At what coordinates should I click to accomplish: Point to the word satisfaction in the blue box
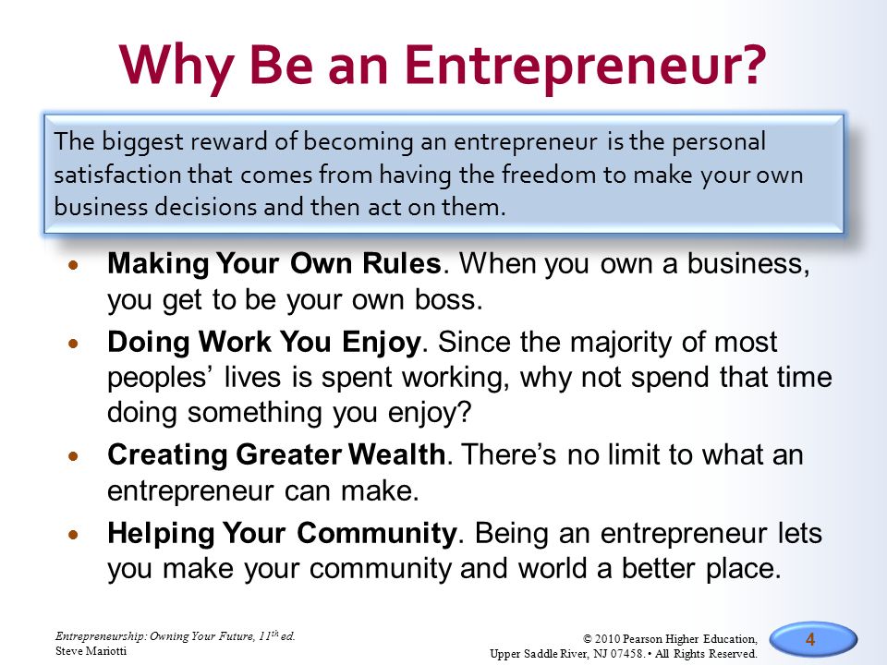click(x=117, y=175)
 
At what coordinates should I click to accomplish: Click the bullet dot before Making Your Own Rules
click(x=73, y=264)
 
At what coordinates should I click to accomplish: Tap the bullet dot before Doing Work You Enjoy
click(x=73, y=343)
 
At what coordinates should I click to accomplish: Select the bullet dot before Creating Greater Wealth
click(x=73, y=455)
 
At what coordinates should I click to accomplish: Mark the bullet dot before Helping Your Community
click(x=73, y=534)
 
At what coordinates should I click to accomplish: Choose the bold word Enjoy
click(x=382, y=343)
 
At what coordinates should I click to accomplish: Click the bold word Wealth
click(x=396, y=454)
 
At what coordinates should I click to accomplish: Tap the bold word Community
click(x=377, y=533)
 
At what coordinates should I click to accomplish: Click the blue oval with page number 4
click(x=813, y=640)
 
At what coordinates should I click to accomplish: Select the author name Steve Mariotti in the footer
click(x=91, y=651)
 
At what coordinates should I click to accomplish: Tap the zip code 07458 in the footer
click(x=626, y=654)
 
